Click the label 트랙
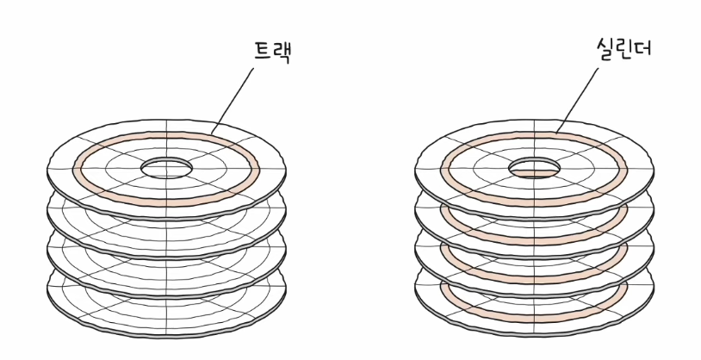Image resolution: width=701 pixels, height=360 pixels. [x=272, y=52]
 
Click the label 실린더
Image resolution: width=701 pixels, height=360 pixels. [x=623, y=48]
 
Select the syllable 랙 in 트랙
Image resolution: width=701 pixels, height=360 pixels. [x=282, y=53]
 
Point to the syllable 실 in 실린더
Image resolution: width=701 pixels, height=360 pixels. [x=605, y=48]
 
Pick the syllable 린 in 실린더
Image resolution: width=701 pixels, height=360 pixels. [x=624, y=48]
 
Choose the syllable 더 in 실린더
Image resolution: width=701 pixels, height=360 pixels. [x=643, y=47]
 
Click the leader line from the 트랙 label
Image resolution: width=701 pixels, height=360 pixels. [x=232, y=101]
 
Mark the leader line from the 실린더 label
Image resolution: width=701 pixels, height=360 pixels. [x=577, y=100]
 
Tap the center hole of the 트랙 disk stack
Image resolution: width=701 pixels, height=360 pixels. [x=167, y=168]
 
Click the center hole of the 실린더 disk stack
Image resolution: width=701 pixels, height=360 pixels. [x=534, y=168]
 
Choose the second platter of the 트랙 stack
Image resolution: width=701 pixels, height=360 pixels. [x=166, y=238]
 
